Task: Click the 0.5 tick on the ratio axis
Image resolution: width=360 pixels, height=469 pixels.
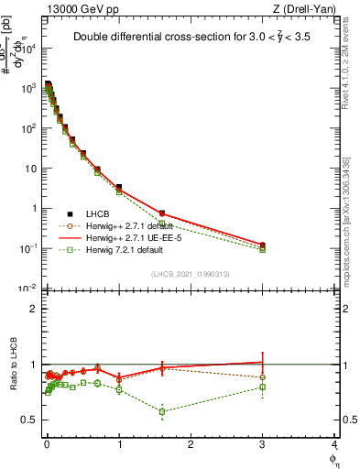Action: pyautogui.click(x=32, y=420)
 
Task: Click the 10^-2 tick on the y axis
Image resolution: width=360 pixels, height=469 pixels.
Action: pyautogui.click(x=30, y=289)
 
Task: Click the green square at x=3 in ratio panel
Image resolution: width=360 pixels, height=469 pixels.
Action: pyautogui.click(x=263, y=387)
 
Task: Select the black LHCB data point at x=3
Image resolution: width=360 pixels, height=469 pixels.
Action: pyautogui.click(x=263, y=245)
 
